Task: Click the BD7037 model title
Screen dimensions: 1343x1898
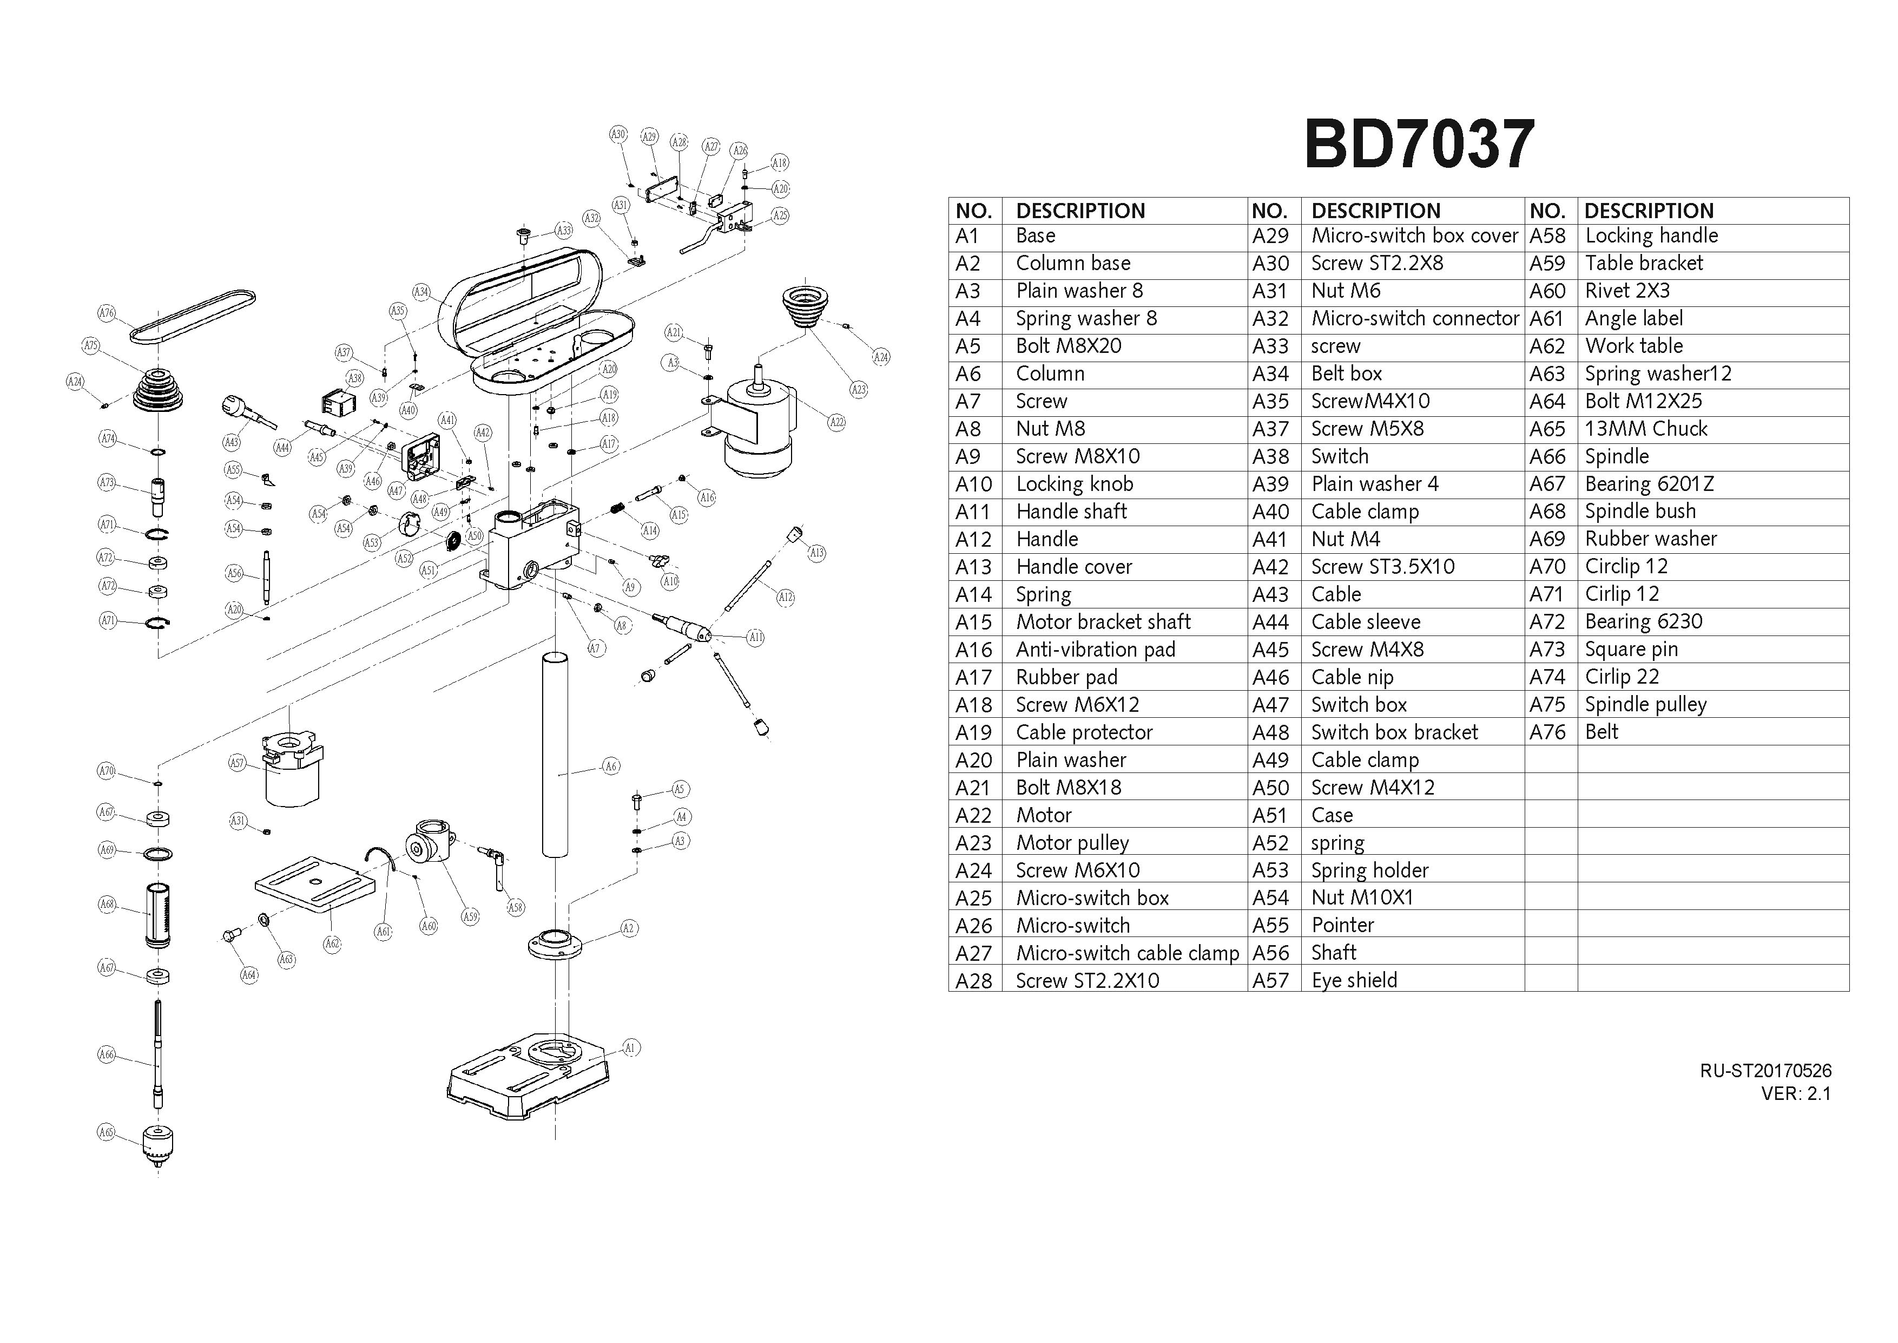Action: pyautogui.click(x=1419, y=145)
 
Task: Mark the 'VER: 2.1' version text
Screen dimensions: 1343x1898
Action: pyautogui.click(x=1796, y=1093)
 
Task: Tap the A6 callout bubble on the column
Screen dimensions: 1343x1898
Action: pyautogui.click(x=611, y=767)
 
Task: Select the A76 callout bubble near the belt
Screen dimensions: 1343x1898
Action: pyautogui.click(x=107, y=312)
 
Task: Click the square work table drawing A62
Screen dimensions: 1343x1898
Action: pyautogui.click(x=314, y=883)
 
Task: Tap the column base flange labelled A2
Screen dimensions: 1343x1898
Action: pyautogui.click(x=555, y=945)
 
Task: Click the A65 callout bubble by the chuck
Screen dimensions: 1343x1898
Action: pyautogui.click(x=106, y=1132)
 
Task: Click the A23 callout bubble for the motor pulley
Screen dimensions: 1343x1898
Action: pyautogui.click(x=859, y=390)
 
